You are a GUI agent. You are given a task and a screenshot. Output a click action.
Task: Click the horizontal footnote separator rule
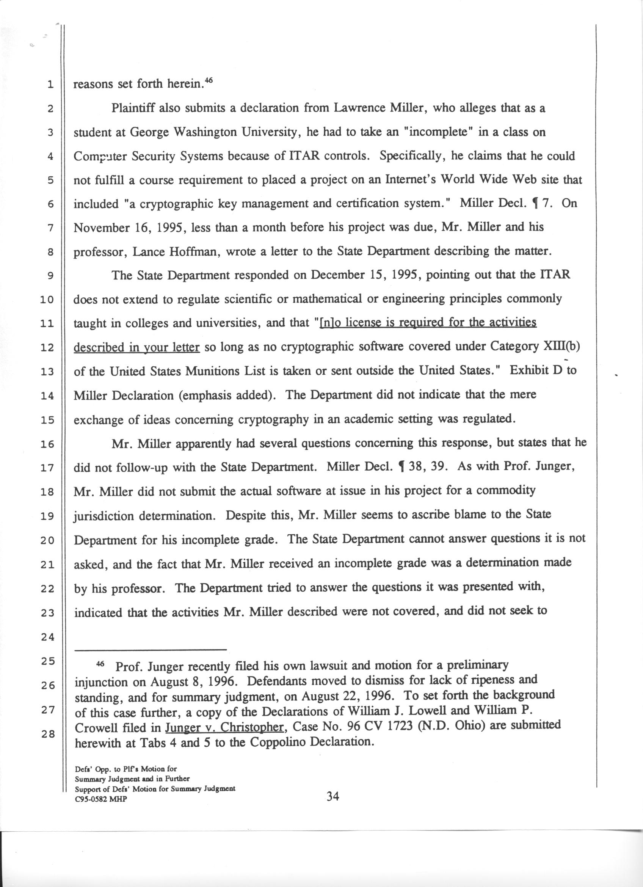coord(151,650)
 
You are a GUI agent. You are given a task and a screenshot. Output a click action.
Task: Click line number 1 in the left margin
coord(50,85)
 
